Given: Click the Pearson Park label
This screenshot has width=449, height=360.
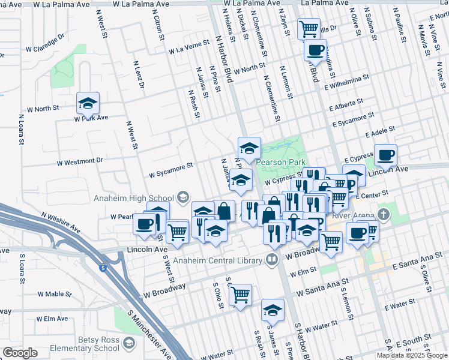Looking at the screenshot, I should [x=280, y=162].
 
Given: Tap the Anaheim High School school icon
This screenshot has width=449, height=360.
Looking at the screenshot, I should [x=183, y=197].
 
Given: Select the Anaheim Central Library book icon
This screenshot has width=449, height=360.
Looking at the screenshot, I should [x=272, y=260].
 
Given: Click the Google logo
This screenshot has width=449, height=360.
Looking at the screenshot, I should [x=20, y=353].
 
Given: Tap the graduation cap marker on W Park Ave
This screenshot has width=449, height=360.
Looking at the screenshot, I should [x=88, y=103].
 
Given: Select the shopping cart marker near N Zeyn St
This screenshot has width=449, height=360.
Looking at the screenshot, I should [x=309, y=28].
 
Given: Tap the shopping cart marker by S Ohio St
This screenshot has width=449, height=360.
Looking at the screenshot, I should [x=240, y=295].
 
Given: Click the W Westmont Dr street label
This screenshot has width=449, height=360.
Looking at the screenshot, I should [x=80, y=161].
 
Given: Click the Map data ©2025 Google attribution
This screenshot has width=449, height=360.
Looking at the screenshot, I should [x=412, y=355].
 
